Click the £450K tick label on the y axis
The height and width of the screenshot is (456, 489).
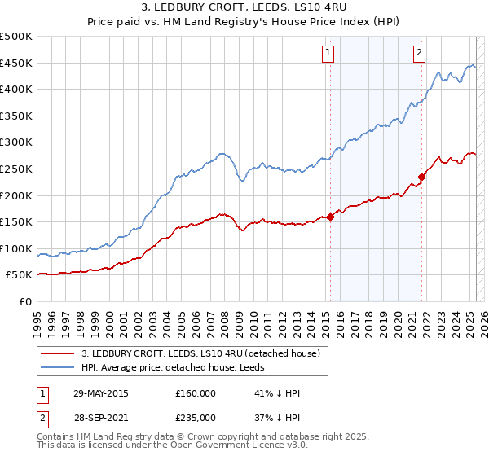click(x=16, y=63)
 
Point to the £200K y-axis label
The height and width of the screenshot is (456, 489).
click(x=16, y=195)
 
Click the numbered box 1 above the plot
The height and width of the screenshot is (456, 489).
click(x=328, y=54)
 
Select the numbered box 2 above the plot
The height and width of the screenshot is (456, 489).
click(x=419, y=54)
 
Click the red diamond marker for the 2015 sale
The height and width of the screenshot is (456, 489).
click(x=330, y=217)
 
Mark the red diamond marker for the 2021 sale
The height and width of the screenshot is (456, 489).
click(x=422, y=177)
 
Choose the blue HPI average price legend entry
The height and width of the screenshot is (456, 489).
click(x=180, y=367)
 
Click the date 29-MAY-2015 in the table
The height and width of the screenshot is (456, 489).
click(x=101, y=393)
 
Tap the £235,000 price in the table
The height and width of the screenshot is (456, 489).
click(x=195, y=417)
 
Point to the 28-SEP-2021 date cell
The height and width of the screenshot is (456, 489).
click(x=101, y=417)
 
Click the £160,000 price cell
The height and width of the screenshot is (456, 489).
click(x=195, y=393)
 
